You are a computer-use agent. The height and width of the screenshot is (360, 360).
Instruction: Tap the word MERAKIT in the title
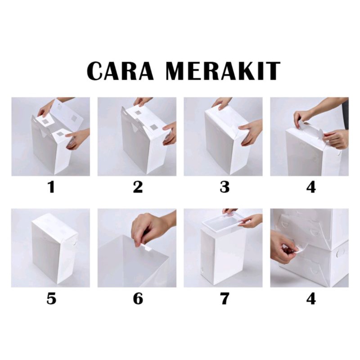click(223, 71)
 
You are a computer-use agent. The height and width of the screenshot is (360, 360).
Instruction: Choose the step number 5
click(51, 298)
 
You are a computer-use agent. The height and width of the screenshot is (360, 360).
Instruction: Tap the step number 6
click(138, 298)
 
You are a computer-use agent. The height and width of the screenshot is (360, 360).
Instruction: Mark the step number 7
click(225, 298)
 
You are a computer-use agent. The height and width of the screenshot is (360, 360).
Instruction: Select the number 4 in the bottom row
click(311, 298)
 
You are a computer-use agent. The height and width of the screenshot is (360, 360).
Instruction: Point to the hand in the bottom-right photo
click(283, 247)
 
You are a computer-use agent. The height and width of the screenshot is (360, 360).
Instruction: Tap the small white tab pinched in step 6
click(146, 247)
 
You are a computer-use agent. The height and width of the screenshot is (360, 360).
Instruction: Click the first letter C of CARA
click(96, 71)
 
